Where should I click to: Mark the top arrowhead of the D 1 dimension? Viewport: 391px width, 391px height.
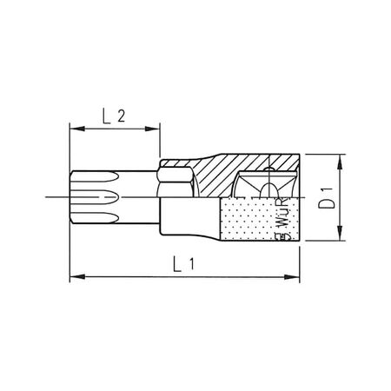click(336, 161)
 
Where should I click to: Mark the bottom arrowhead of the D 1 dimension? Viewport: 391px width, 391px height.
click(336, 234)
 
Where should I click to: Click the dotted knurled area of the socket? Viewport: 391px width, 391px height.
click(248, 217)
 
